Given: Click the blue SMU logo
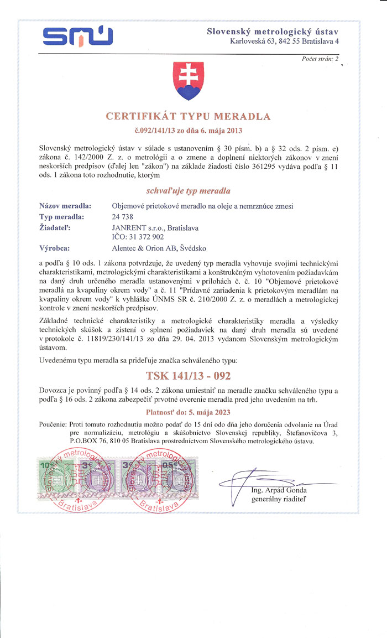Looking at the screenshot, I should pos(78,37).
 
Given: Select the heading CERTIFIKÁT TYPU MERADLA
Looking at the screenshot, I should pos(188,117).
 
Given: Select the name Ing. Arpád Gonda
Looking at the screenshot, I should pos(279,490).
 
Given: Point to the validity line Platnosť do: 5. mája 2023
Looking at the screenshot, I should pos(188,412).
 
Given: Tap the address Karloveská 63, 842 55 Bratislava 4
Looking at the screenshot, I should pos(284,41).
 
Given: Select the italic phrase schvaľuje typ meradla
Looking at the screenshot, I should pos(188,190).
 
